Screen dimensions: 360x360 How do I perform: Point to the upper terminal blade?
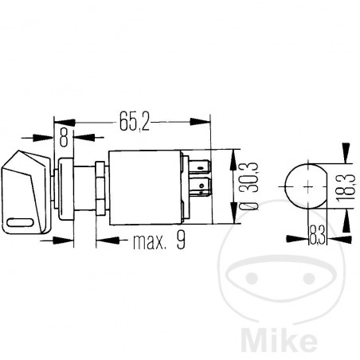[x=202, y=168]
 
